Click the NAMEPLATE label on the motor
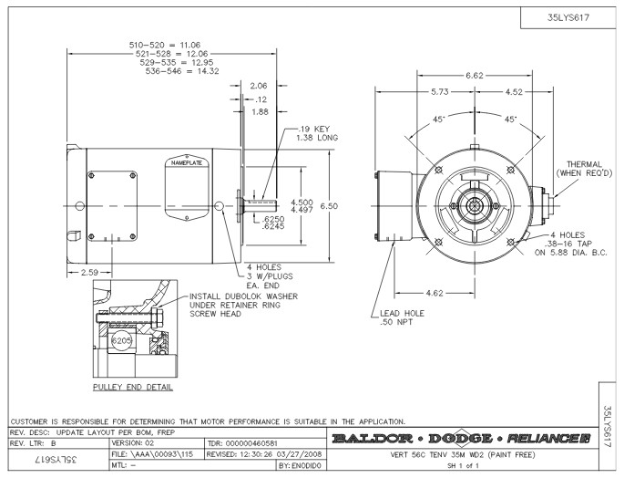[x=187, y=163]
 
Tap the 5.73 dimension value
[x=441, y=91]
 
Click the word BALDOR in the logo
[x=368, y=441]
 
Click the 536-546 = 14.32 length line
[x=158, y=70]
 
